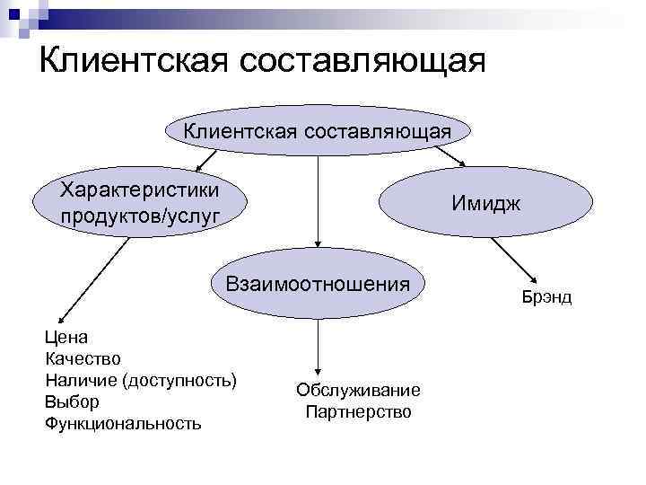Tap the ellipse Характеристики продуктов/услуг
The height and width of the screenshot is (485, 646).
click(x=139, y=202)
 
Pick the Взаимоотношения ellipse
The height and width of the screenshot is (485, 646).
click(x=318, y=285)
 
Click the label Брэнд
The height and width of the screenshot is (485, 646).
click(x=546, y=296)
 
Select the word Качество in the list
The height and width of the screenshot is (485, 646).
click(x=83, y=359)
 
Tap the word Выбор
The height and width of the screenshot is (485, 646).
click(x=72, y=401)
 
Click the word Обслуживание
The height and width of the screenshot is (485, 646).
click(x=357, y=391)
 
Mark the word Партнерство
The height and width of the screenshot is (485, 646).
click(x=357, y=412)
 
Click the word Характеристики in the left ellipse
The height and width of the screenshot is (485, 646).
click(x=139, y=190)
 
